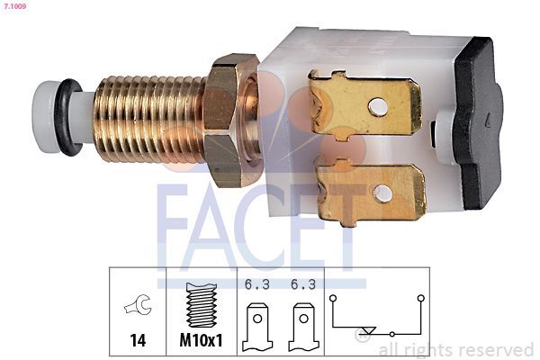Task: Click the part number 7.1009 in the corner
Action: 15,6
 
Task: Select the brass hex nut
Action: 230,121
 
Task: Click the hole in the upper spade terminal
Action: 378,106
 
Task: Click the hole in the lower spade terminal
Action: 382,193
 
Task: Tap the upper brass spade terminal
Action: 365,106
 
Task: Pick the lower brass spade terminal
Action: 371,192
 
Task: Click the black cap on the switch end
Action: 478,123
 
